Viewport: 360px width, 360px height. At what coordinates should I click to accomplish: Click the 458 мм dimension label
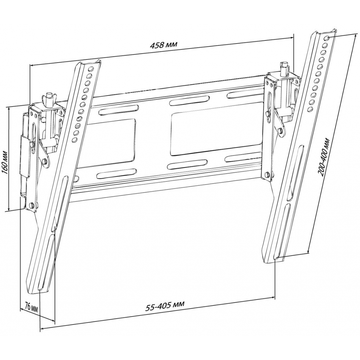pos(163,44)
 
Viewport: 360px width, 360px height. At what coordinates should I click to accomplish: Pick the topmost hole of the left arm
pos(90,69)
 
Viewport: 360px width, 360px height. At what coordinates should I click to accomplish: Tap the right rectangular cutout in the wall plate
pos(217,133)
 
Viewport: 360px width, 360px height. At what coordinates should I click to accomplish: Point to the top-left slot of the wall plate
pos(118,110)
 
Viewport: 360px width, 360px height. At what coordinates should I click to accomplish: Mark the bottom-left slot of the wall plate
pos(117,173)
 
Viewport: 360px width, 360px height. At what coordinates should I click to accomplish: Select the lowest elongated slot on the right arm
pos(281,232)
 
